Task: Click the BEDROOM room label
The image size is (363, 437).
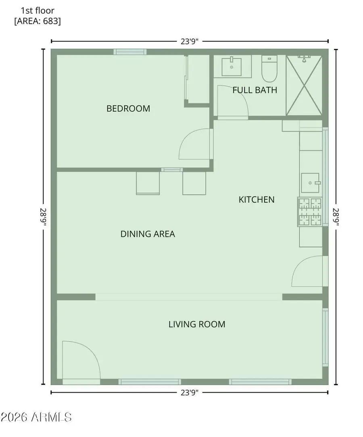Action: click(128, 109)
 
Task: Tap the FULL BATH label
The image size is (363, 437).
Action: click(255, 90)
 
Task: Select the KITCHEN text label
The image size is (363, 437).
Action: click(257, 199)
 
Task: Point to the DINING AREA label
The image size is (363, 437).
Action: click(148, 234)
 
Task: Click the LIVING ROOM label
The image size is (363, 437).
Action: click(197, 324)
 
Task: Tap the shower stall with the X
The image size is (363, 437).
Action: click(304, 85)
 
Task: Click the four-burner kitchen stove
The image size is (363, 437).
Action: click(310, 212)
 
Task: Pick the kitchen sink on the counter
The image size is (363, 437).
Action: click(310, 183)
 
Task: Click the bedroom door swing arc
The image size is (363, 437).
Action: click(194, 144)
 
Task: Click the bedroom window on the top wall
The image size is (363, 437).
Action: click(129, 52)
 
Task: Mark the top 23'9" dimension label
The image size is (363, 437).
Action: click(189, 41)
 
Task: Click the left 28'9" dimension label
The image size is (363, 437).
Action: click(43, 217)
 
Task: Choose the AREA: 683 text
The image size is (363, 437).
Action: click(38, 21)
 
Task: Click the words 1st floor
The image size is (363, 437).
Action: click(38, 10)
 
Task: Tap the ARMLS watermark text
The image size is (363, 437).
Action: click(36, 417)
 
